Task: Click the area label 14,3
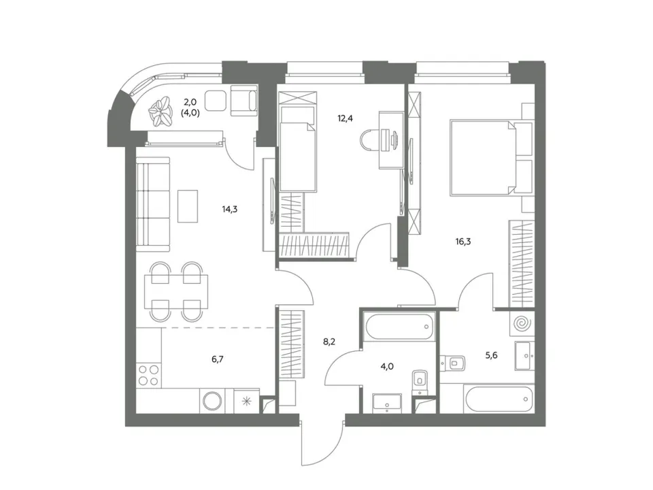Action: coord(229,209)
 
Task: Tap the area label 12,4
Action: coord(346,118)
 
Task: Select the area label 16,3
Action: coord(463,241)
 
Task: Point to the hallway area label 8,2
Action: coord(329,342)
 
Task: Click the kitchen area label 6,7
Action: coord(218,359)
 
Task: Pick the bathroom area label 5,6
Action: coord(491,355)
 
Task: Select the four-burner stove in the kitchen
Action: coord(149,374)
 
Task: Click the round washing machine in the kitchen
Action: coord(213,402)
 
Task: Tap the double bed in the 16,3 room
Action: coord(491,157)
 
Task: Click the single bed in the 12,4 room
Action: coord(298,148)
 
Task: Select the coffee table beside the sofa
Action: coord(188,206)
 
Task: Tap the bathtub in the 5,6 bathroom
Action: coord(499,399)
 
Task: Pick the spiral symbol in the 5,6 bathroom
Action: coord(522,323)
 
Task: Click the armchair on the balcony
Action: coord(244,100)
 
